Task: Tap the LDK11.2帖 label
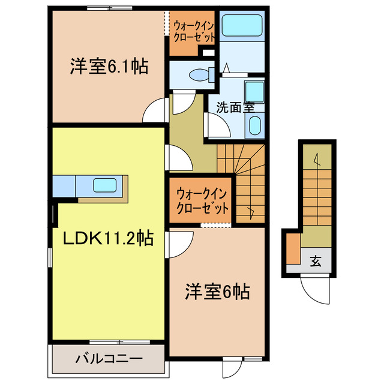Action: click(108, 239)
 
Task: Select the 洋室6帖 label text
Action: click(217, 293)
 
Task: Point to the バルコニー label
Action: click(108, 359)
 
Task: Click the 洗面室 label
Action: click(235, 108)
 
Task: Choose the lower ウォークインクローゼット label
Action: click(203, 202)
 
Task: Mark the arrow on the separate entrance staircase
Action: click(316, 158)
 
